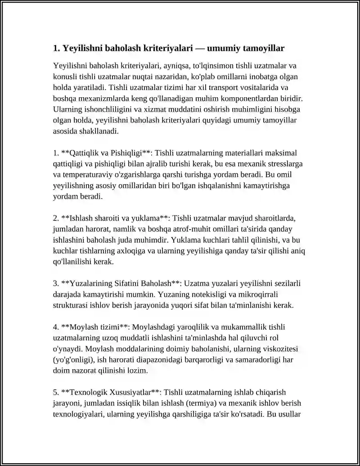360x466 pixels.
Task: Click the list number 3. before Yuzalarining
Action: click(x=56, y=284)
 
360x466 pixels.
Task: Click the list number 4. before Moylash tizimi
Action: click(x=56, y=327)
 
